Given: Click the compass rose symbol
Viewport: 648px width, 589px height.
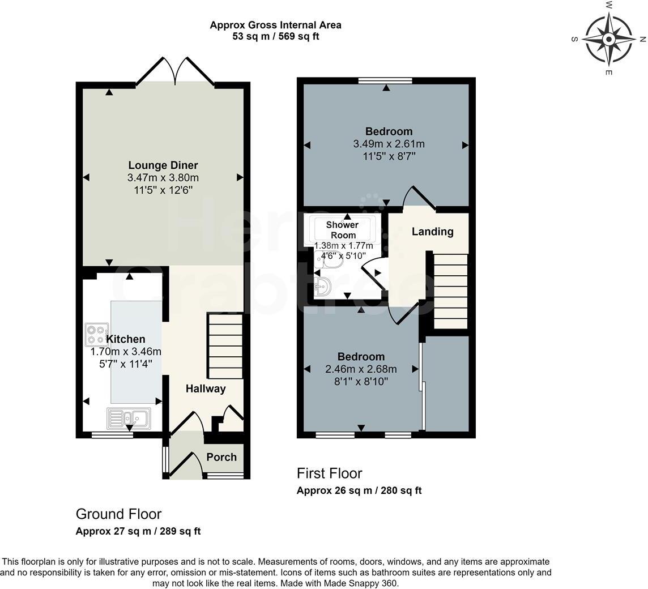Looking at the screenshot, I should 608,40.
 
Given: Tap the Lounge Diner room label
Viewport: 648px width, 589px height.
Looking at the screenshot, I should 163,165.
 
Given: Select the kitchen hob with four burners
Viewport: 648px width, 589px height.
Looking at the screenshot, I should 97,334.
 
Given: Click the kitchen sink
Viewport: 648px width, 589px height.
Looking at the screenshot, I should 129,419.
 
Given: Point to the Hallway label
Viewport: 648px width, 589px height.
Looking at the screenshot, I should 206,389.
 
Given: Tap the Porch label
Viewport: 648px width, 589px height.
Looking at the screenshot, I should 221,457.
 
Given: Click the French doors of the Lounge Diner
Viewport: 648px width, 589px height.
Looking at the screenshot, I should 175,72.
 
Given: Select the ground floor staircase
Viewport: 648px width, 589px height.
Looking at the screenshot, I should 225,346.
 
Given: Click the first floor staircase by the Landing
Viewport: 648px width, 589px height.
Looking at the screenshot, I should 450,291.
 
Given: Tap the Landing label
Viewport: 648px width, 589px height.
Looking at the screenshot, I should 432,231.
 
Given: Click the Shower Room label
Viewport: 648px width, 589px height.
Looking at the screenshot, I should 343,229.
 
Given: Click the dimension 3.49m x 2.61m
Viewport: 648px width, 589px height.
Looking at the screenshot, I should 389,144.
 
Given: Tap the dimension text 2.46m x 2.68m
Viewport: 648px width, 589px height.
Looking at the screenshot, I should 361,369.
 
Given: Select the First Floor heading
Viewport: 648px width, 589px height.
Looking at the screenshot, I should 329,473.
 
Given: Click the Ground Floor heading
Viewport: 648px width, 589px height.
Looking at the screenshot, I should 118,514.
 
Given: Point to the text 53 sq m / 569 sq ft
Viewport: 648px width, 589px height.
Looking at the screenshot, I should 275,37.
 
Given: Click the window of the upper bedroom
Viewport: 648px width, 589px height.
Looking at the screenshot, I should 386,80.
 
